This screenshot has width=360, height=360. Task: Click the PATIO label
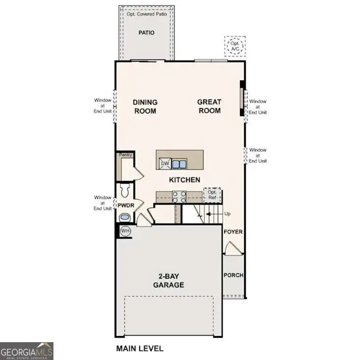[146, 33]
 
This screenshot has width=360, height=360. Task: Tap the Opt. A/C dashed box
[234, 46]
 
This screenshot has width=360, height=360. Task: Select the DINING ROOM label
[145, 106]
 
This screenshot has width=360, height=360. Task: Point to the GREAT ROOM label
[209, 106]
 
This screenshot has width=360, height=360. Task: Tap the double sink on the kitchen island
[179, 164]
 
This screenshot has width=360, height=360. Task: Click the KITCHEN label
[185, 180]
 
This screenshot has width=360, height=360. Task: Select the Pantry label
[125, 155]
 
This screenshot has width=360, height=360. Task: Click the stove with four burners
[180, 196]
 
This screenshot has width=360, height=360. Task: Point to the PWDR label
[125, 205]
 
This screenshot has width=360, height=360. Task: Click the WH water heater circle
[125, 231]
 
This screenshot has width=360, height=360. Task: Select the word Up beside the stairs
[228, 213]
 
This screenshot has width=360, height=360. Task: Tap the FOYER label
[233, 232]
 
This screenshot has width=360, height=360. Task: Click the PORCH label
[233, 275]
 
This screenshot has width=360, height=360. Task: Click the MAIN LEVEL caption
[139, 348]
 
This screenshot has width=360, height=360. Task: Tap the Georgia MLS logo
[27, 351]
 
